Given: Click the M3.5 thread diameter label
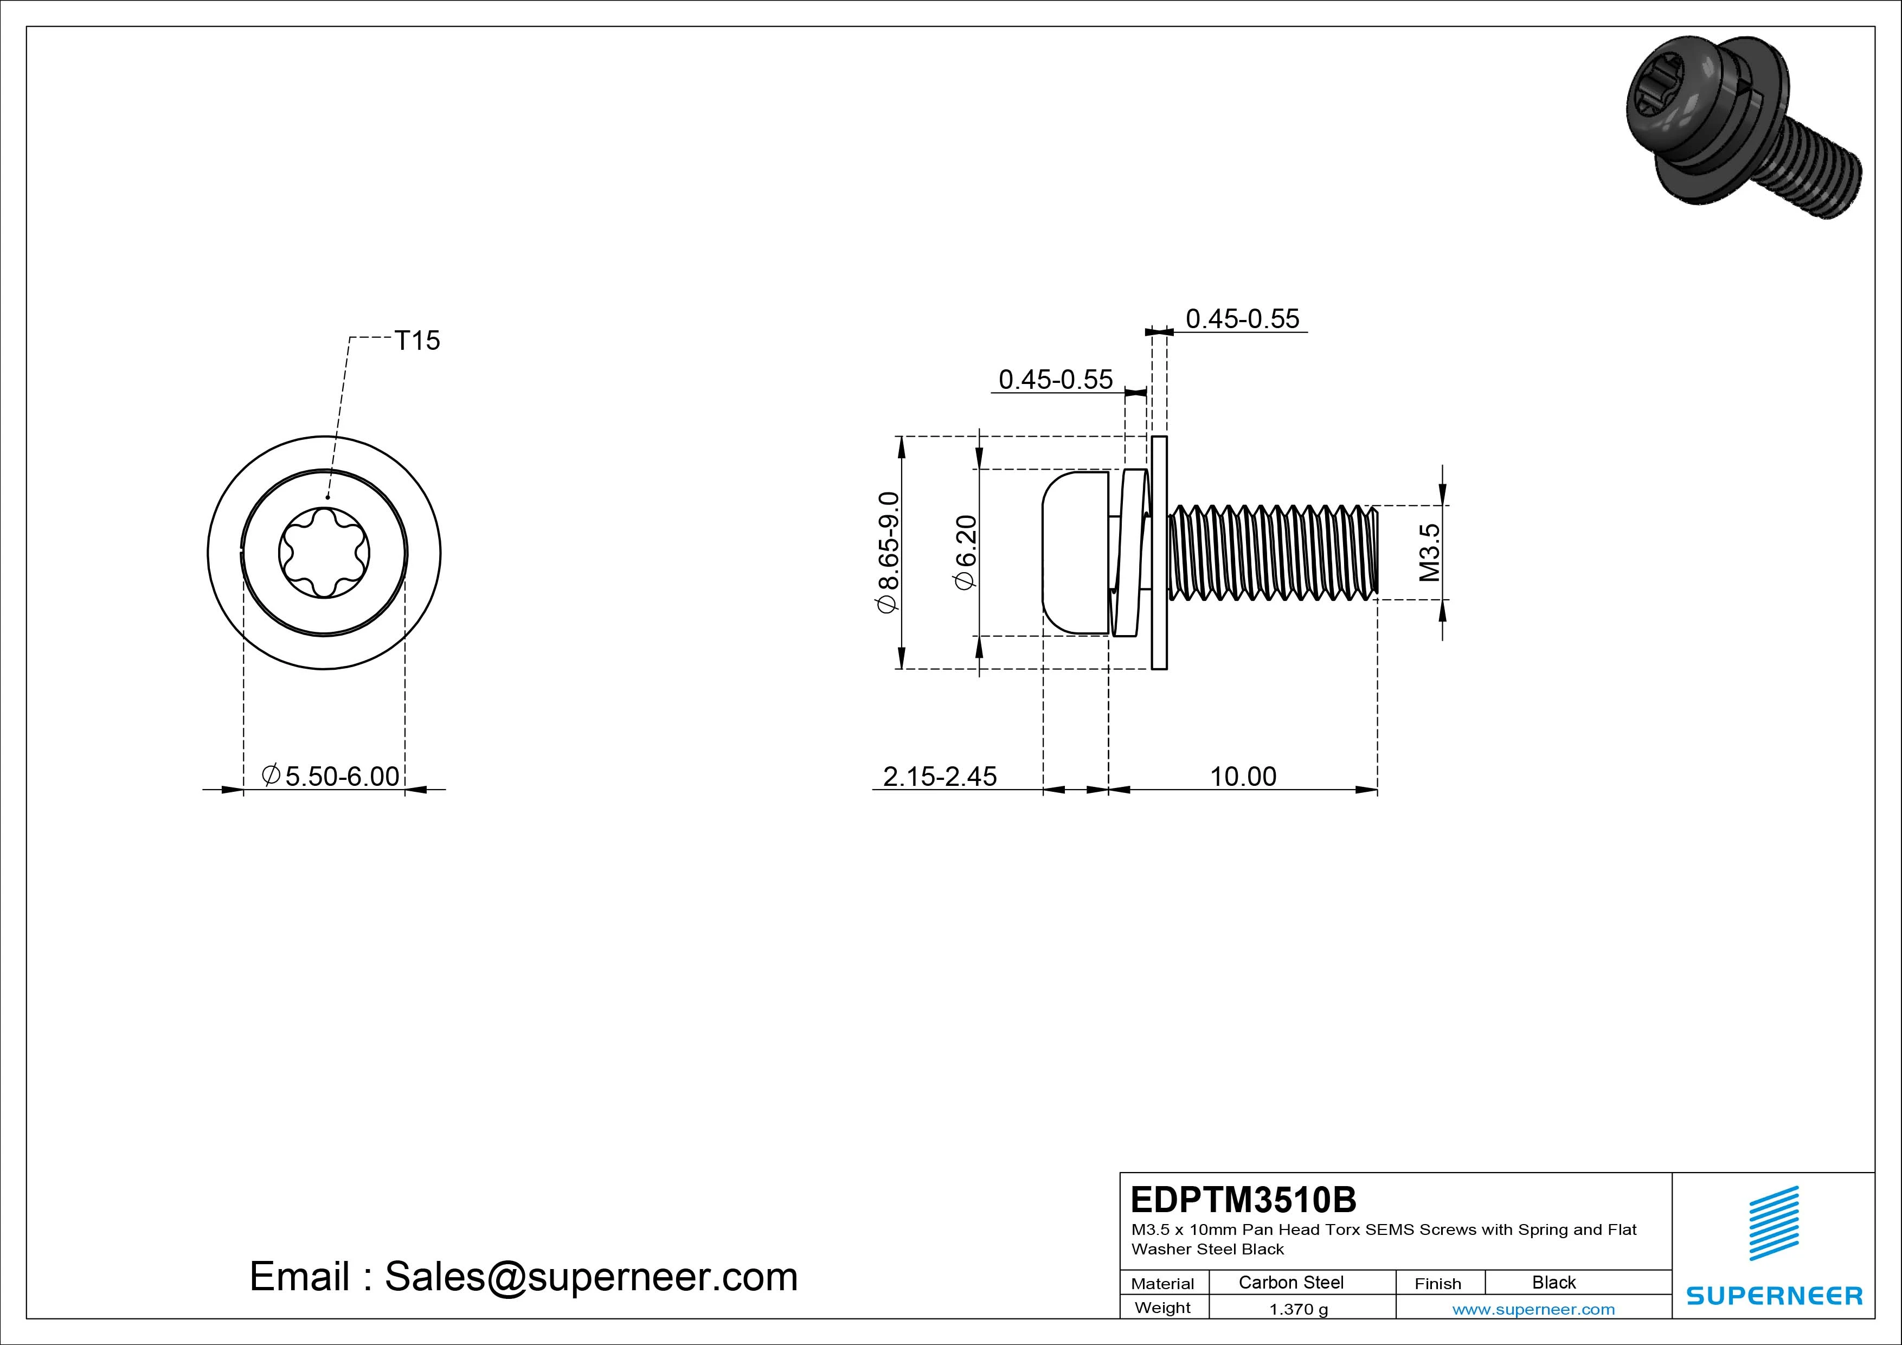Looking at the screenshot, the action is click(1430, 552).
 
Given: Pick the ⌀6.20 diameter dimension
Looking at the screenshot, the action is click(966, 552).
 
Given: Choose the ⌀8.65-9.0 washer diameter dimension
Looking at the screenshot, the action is click(887, 552).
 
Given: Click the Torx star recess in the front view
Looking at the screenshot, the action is click(324, 553).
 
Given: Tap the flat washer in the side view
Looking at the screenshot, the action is click(1160, 552).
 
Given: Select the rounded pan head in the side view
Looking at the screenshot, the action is click(1075, 553).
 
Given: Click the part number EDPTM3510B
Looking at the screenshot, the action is click(1243, 1199).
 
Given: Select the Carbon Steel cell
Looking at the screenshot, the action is click(1290, 1282).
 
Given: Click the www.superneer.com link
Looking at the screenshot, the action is click(1533, 1309).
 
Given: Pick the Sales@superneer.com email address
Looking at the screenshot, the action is click(590, 1277).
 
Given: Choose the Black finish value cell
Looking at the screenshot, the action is click(1553, 1282).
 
